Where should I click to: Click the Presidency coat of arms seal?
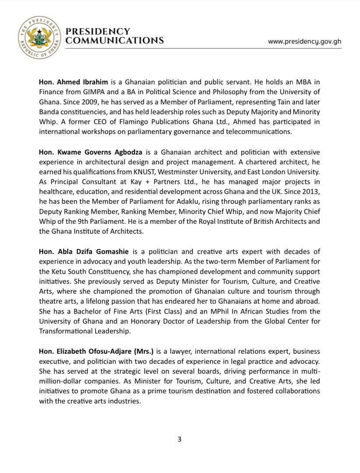39,38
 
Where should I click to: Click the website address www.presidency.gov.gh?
304,41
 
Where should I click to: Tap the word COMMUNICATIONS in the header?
114,40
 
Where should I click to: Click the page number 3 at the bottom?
180,439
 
